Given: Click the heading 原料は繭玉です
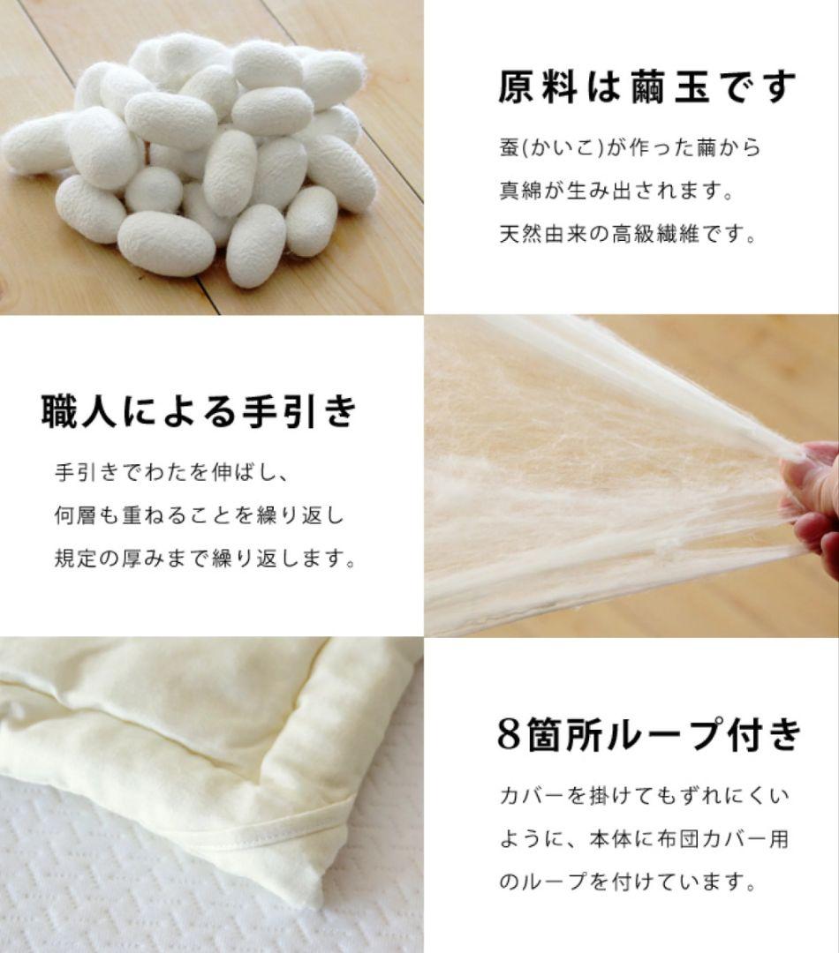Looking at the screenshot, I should point(646,87).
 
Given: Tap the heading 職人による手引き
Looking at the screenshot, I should point(200,411).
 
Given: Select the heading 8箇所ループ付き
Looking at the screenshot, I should point(649,734).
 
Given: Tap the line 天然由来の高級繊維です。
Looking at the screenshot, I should point(628,236).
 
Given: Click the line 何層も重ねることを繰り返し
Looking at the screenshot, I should point(200,515).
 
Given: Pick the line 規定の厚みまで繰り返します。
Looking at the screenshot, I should point(205,559).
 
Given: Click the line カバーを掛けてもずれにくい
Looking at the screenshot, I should point(642,796).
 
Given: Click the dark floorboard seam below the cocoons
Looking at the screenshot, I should point(208,296).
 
